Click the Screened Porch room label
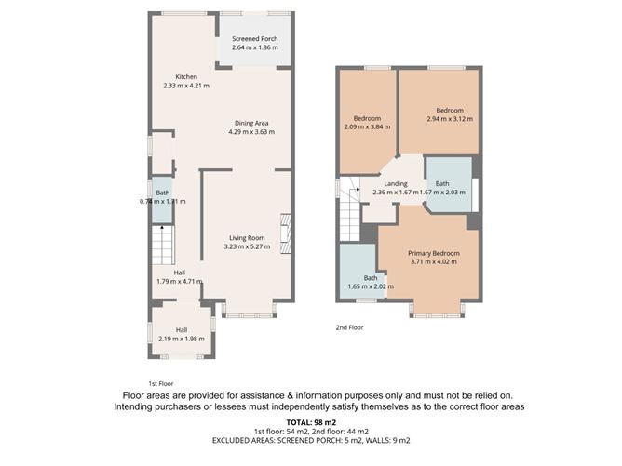coord(254,38)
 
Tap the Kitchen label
coord(186,76)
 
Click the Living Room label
coord(247,237)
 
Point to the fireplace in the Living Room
coord(286,233)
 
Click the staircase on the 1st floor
coord(161,247)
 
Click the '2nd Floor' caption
coord(350,327)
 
